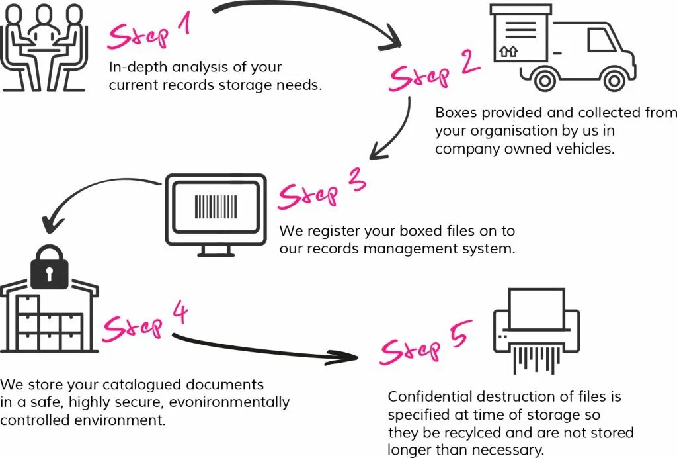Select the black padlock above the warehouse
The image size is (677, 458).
pyautogui.click(x=50, y=267)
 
